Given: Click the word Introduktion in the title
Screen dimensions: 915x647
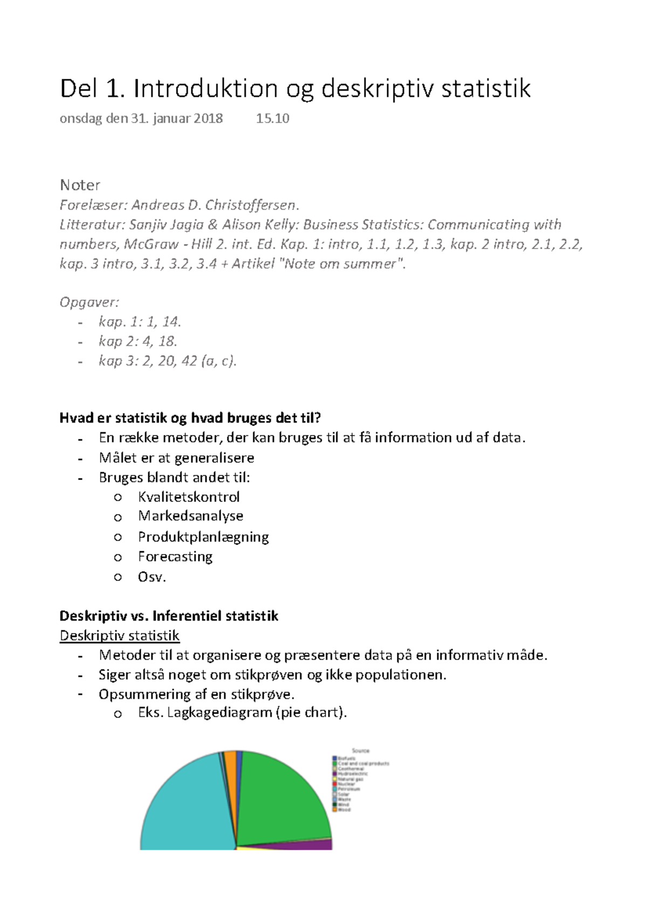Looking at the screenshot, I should coord(205,89).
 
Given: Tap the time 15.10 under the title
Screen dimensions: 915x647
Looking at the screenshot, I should coord(272,119).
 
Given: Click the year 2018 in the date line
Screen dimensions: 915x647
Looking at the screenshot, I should coord(208,119).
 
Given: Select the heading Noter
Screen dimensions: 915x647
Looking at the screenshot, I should coord(80,185).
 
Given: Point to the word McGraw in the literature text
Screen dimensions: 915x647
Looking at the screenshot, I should coord(151,245).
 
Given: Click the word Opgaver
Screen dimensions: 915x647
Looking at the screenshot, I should coord(89,302).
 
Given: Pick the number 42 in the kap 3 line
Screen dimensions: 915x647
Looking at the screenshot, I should coord(189,361).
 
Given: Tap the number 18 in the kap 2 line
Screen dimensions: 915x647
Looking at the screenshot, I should coord(168,341).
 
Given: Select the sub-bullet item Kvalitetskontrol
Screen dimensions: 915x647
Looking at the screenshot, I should coord(189,497).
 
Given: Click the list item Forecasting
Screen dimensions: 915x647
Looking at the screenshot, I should coord(175,557).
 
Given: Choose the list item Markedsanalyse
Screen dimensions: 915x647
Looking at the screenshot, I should coord(190,516).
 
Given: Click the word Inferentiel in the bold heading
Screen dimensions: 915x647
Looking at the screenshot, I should coord(187,616).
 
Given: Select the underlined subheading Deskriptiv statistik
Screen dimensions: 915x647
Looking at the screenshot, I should coord(119,636).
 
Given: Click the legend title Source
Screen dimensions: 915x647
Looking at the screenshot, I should coord(361,751).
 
